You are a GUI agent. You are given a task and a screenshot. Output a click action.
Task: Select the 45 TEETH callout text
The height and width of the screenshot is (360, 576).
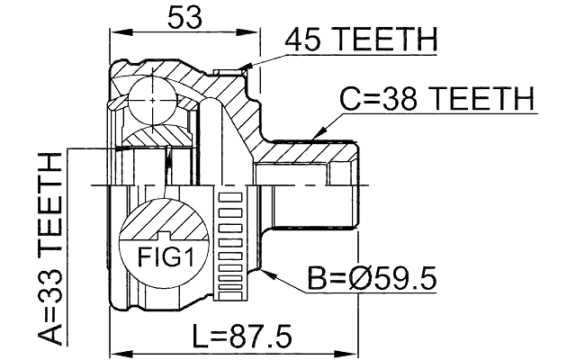click(360, 40)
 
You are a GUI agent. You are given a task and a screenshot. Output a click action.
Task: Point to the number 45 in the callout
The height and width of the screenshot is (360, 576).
click(301, 40)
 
